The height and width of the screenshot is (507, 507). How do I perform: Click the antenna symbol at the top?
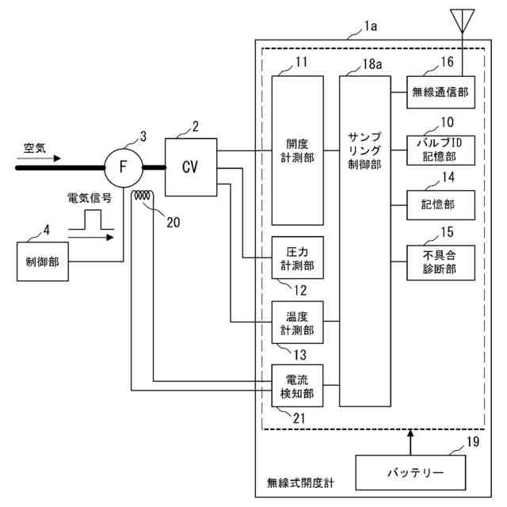point(463,21)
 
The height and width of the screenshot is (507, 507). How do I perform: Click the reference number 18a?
point(372,64)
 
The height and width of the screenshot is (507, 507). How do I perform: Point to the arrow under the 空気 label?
point(39,158)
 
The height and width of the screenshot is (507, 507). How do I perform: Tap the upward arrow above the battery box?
point(410,442)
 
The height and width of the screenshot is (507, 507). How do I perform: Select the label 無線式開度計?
point(300,483)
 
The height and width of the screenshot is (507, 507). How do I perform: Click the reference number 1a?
point(371,26)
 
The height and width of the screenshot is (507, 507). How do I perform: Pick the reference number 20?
point(173,223)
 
